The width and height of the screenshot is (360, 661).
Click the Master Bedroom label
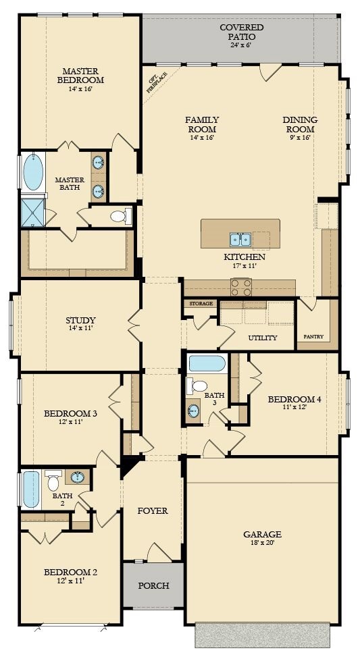tap(80, 75)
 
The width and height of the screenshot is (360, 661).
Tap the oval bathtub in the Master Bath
tap(33, 171)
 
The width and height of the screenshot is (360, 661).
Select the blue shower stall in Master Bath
tap(33, 213)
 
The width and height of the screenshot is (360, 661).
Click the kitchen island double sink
tap(240, 240)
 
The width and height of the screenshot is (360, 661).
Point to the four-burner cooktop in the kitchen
tap(241, 287)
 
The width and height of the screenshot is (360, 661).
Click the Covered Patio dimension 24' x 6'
tap(241, 45)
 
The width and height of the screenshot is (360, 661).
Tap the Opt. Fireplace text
tap(157, 81)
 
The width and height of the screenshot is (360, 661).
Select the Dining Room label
tap(299, 124)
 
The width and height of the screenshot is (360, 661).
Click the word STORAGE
tap(201, 304)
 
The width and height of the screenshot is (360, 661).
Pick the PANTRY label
tap(313, 336)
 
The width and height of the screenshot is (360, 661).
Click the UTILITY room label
tap(263, 338)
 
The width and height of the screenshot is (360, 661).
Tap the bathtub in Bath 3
tap(207, 363)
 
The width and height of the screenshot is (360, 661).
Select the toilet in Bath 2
tap(53, 480)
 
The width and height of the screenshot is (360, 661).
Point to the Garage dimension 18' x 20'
tap(262, 543)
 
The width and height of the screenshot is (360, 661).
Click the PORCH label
tap(153, 585)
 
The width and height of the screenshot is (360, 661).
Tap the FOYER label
tap(153, 511)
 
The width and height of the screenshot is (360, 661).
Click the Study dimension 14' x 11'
tap(80, 327)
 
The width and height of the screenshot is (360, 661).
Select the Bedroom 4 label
tap(294, 399)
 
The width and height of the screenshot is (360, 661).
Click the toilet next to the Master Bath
tap(120, 217)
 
